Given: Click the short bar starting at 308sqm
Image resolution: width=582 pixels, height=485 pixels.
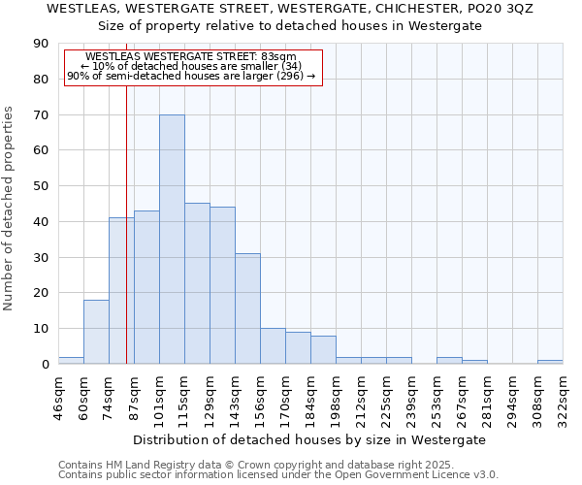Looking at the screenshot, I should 550,362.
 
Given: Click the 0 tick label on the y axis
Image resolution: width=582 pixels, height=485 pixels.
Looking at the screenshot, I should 45,365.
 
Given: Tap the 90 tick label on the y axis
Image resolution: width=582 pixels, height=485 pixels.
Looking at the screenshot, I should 41,44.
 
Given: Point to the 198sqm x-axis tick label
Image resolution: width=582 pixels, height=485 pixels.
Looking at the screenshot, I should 337,399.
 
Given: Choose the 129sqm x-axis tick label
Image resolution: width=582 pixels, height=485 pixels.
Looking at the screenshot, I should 210,399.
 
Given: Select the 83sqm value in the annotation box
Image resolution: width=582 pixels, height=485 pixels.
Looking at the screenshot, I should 279,57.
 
